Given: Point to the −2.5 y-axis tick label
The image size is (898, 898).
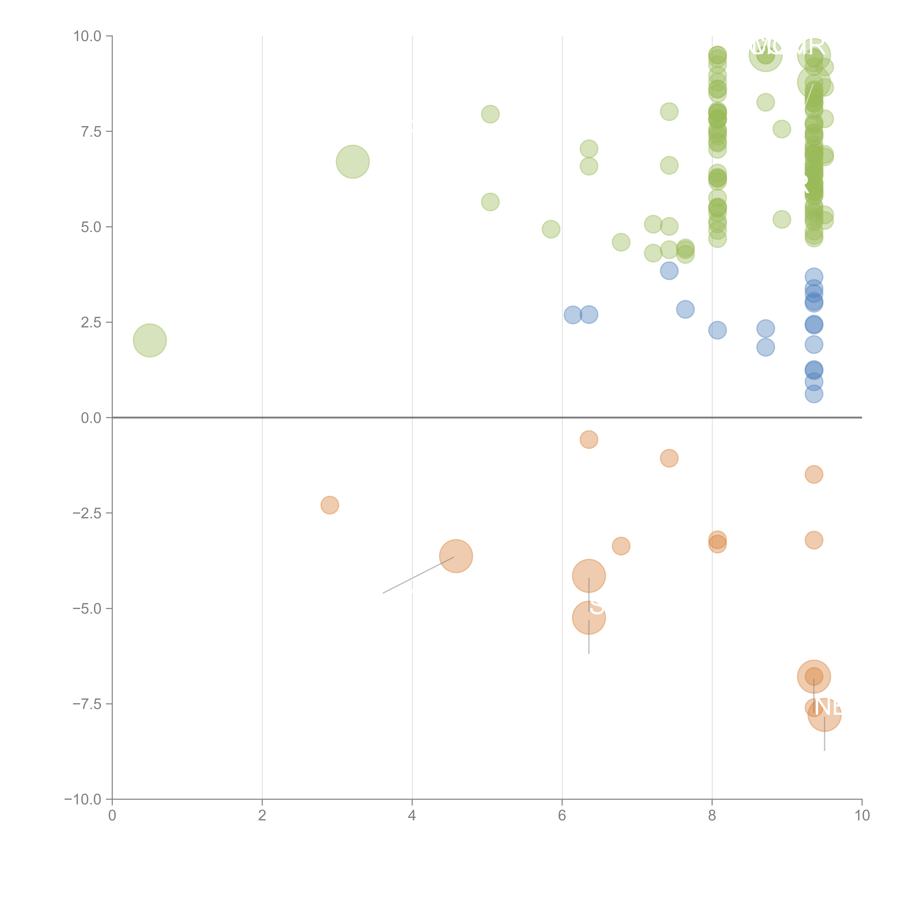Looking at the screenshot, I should (87, 513).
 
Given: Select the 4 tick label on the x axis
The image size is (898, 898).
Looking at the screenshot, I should (412, 816).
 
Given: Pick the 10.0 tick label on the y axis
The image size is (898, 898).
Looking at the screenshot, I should (87, 36).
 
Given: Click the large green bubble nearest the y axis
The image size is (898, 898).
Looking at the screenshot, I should (150, 340).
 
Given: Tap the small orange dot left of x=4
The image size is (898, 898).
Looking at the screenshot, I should (330, 505).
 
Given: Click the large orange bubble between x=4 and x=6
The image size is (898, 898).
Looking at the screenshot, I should (456, 556).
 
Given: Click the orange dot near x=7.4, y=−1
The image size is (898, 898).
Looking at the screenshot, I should (669, 458).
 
